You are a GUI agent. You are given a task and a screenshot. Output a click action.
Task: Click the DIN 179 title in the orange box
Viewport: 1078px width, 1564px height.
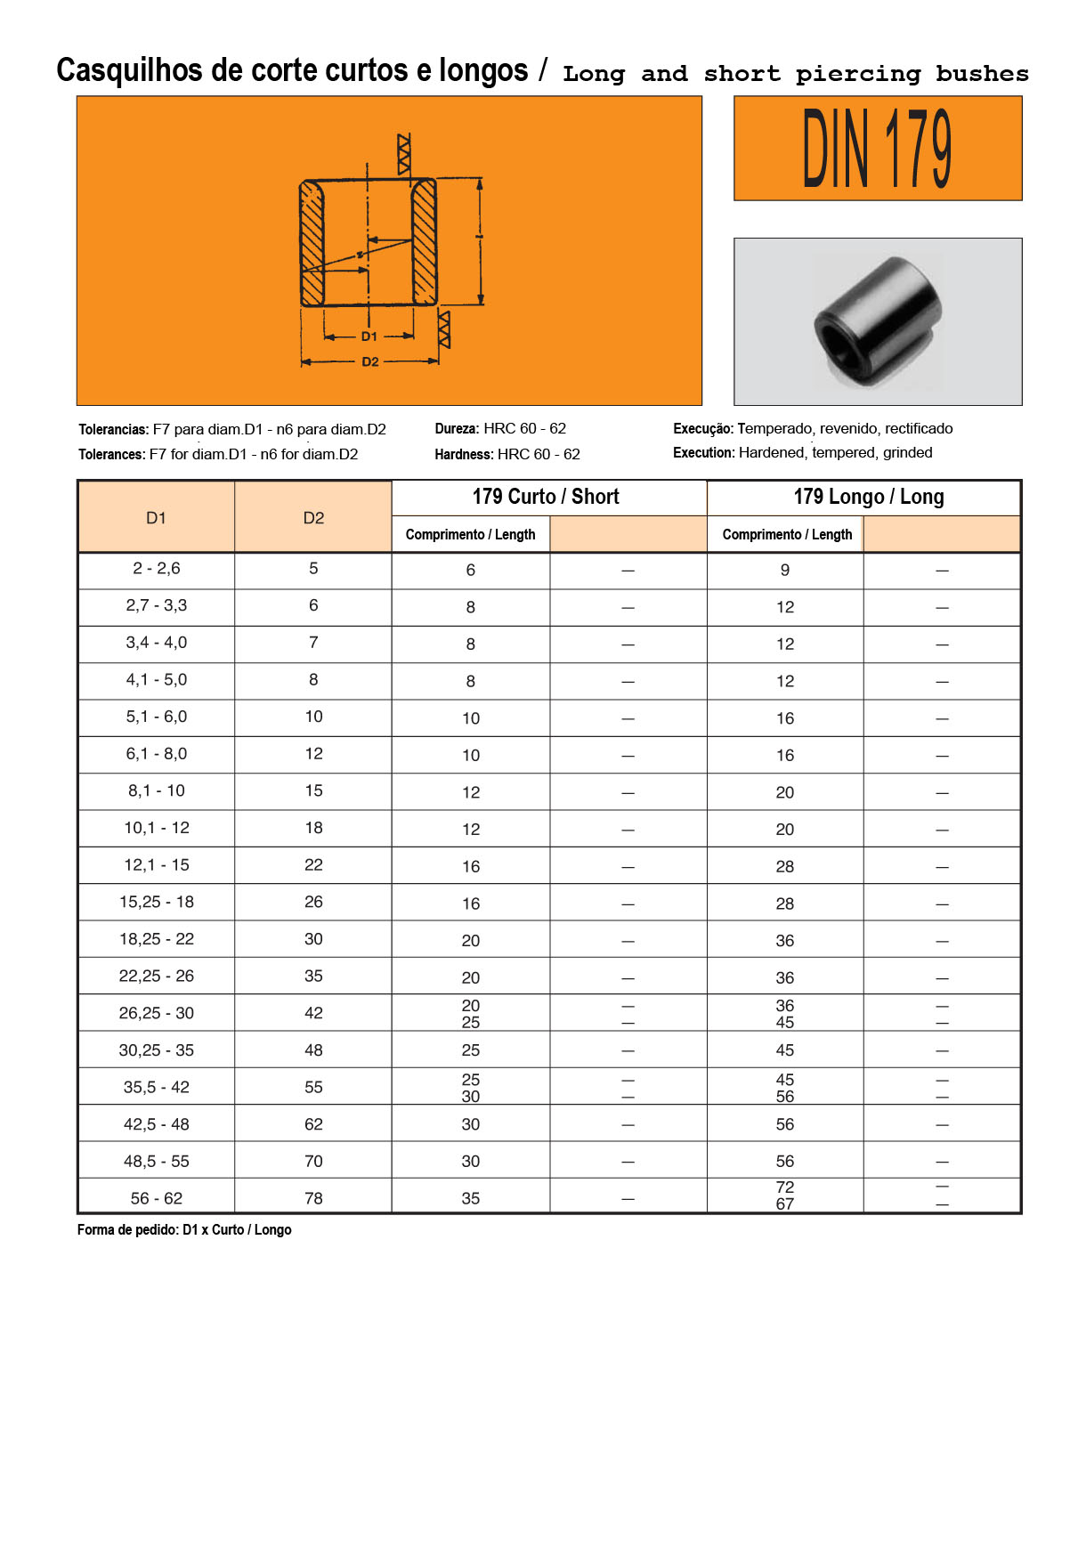point(877,149)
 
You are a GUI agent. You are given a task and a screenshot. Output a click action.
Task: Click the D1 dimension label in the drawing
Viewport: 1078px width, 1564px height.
point(369,336)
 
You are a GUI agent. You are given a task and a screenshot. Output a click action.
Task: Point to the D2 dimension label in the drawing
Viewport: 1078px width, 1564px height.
point(369,362)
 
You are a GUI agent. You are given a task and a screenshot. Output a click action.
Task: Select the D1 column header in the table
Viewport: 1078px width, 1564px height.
point(156,518)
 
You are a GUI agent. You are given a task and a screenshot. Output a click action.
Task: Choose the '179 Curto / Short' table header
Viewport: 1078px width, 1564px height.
point(546,497)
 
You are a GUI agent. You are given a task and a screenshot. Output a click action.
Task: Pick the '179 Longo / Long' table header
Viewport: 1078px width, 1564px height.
point(868,497)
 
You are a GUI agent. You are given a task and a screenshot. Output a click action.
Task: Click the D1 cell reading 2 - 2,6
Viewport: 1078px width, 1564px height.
point(156,569)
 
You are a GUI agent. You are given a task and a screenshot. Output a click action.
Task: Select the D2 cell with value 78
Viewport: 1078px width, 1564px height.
point(313,1198)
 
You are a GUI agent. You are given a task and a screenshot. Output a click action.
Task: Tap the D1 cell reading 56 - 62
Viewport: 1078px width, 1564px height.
point(156,1198)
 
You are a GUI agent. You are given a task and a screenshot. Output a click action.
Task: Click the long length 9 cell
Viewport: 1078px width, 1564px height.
point(784,571)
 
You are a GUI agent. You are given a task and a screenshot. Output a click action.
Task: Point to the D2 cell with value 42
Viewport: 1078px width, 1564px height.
point(313,1013)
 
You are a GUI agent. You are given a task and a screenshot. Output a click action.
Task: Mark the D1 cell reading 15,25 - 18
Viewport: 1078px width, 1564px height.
point(156,902)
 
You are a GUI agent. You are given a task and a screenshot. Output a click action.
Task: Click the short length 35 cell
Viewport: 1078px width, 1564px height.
point(470,1199)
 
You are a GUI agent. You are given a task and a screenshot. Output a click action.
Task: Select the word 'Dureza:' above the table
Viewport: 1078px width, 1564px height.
point(457,429)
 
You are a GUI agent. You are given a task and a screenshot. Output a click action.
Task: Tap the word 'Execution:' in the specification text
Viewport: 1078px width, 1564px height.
point(703,453)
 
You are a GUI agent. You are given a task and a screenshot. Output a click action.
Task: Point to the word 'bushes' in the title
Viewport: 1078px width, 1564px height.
point(982,74)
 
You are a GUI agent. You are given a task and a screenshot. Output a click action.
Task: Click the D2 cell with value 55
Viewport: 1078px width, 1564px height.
point(313,1087)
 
